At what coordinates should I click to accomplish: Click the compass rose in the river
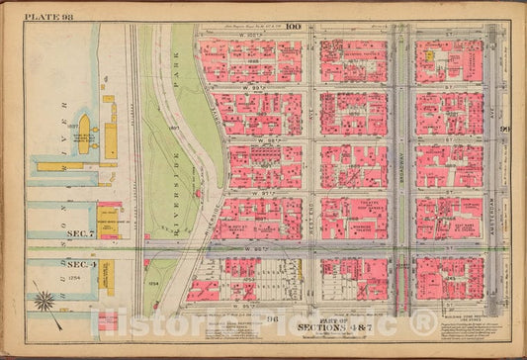coord(44,298)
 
